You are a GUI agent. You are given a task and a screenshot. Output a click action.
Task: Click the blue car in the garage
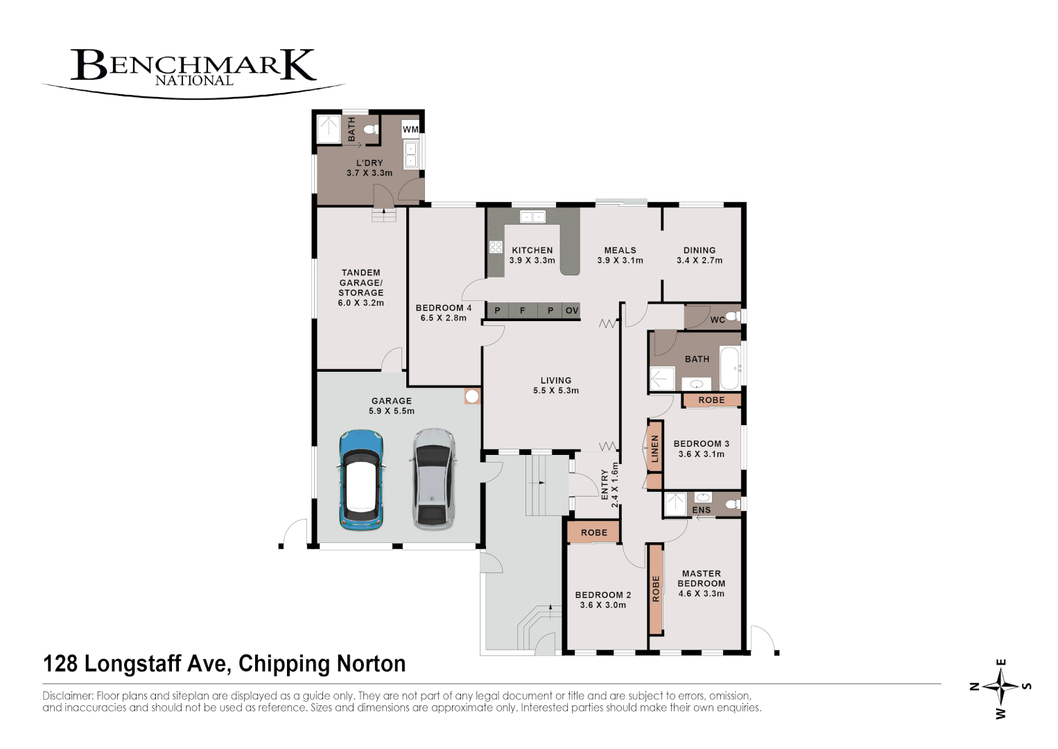361,480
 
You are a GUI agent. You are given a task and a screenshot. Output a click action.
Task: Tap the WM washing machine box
410,130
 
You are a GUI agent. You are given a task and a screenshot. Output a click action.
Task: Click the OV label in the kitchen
572,311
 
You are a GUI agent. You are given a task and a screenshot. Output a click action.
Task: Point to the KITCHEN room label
532,250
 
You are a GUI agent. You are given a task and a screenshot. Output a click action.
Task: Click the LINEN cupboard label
654,449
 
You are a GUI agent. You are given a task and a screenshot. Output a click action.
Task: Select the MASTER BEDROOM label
702,578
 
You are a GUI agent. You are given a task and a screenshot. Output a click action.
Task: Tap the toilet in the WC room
734,316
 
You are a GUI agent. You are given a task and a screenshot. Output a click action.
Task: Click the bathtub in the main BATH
730,368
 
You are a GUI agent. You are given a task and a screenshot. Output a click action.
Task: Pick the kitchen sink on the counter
532,217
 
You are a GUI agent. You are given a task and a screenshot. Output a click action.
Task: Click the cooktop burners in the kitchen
496,247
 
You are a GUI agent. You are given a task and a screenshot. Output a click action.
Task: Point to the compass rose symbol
1001,686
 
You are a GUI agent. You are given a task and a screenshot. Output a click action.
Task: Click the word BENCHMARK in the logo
193,64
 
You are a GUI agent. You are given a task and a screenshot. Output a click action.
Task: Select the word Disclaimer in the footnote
68,696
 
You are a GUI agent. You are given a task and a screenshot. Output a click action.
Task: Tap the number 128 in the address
60,664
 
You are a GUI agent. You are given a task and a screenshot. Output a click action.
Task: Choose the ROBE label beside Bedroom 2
593,533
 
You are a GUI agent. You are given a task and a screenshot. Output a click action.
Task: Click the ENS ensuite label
702,510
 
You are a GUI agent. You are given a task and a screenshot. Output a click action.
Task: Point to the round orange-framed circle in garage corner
472,397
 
